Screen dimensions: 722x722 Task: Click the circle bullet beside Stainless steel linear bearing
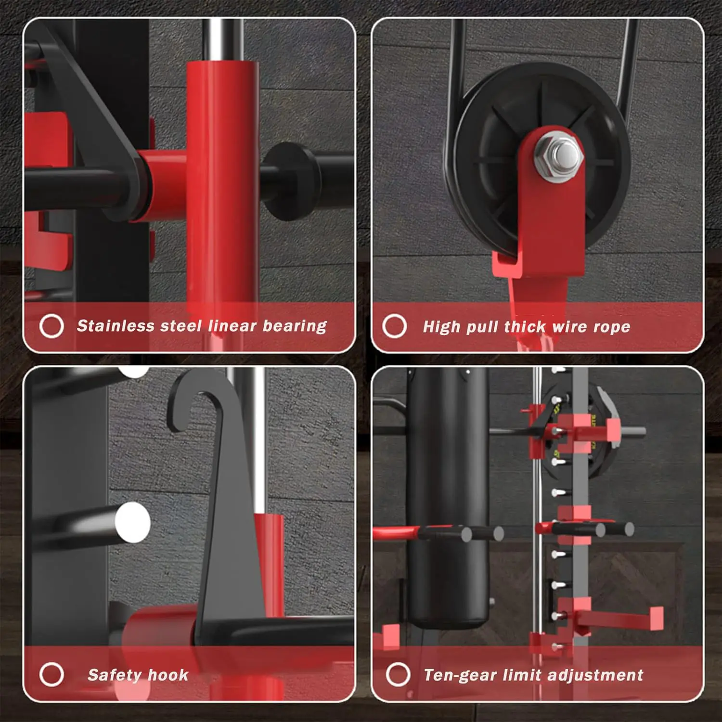coord(52,326)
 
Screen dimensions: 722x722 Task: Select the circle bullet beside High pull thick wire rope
coord(395,326)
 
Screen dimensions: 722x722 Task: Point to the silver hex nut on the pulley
coord(559,154)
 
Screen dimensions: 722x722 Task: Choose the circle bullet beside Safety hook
coord(52,674)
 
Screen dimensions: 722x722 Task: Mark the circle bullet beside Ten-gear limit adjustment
coord(398,674)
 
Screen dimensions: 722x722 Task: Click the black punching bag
coord(448,496)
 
